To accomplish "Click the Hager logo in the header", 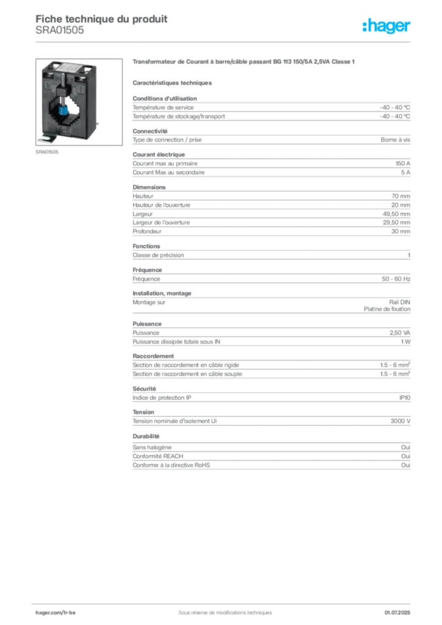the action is pos(386,26).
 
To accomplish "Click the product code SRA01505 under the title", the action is pos(60,31).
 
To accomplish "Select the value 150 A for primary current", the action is pos(402,164).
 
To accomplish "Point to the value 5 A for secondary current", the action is pos(405,173).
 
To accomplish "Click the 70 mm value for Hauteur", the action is pos(400,196).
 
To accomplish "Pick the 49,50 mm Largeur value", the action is pos(396,214).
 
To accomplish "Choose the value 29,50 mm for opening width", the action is pos(396,223).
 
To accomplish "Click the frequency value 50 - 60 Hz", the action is pos(396,279).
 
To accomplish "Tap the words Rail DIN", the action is pos(399,303).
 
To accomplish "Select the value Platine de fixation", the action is pos(386,309).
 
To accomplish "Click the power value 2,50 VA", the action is pos(400,333).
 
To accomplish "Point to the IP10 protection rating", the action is pos(405,398).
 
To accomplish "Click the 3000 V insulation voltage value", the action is pos(400,421).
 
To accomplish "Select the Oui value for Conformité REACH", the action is pos(405,457).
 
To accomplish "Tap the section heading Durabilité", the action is pos(146,436).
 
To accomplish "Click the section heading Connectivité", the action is pos(150,131).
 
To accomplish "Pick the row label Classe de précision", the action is pos(158,255).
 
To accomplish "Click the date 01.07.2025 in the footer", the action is pos(397,613).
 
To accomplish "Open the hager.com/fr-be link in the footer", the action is pos(56,613).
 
